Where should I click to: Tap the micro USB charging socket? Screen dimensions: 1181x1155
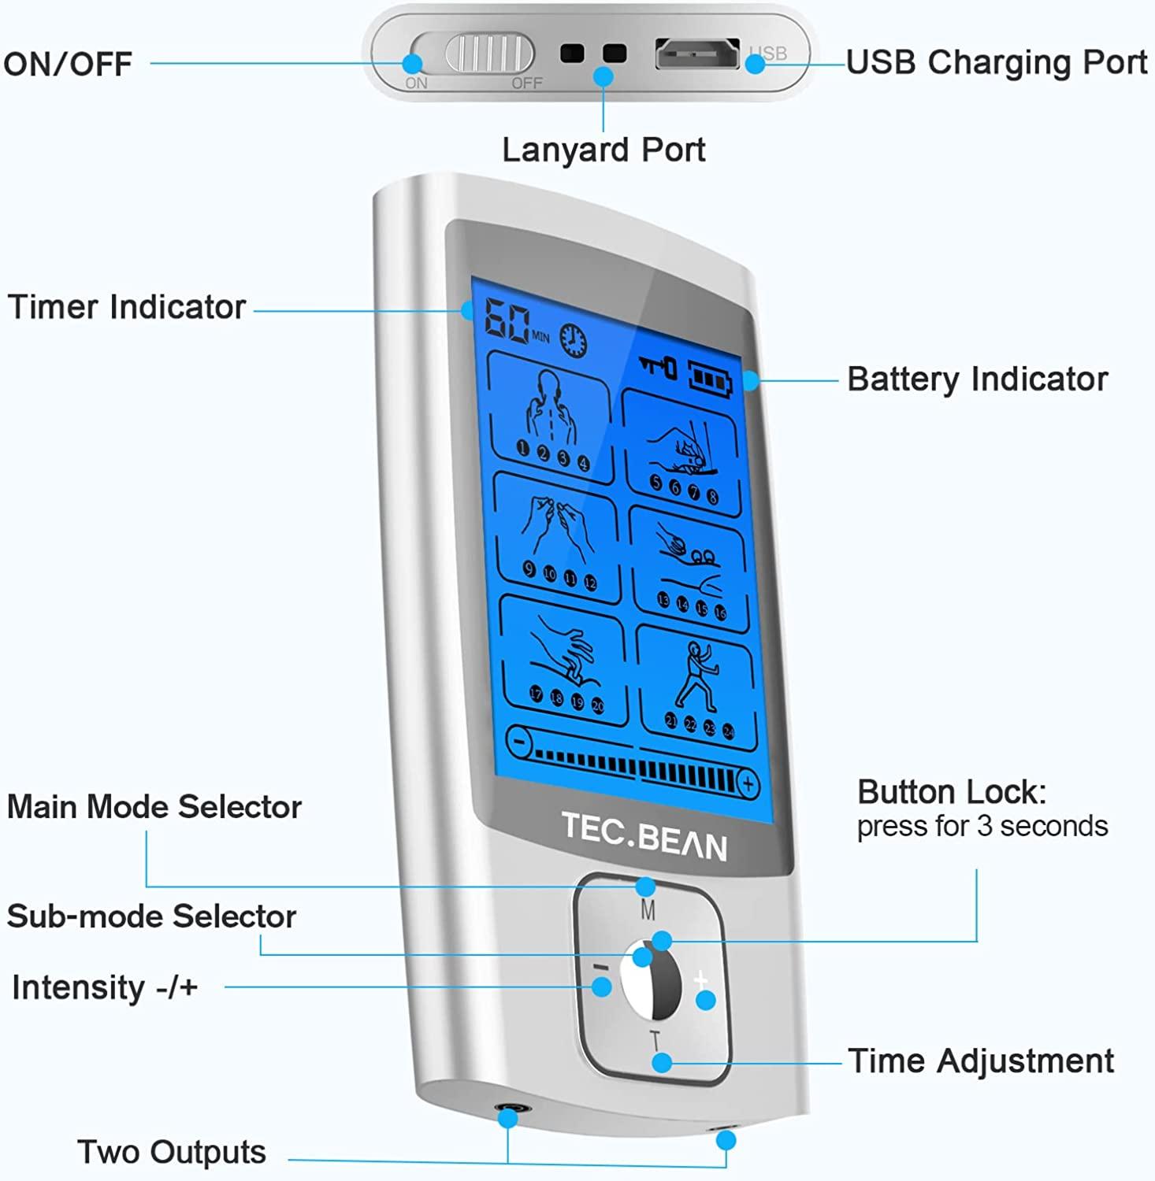697,54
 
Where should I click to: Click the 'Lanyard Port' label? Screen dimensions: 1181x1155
603,150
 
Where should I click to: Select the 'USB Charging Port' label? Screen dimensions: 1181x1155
996,63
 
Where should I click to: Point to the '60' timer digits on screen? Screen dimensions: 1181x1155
506,320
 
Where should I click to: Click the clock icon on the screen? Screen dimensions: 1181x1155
574,339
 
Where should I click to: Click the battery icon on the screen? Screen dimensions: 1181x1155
711,378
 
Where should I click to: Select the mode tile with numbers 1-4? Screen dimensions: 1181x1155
552,417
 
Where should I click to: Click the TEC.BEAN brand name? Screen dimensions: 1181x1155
644,836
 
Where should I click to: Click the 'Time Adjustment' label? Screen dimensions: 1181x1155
981,1061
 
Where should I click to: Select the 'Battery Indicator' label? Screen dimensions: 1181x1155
977,379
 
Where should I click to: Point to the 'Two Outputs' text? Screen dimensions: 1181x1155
172,1152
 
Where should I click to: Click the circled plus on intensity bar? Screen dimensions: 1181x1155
748,784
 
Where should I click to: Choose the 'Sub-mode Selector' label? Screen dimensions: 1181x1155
151,916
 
